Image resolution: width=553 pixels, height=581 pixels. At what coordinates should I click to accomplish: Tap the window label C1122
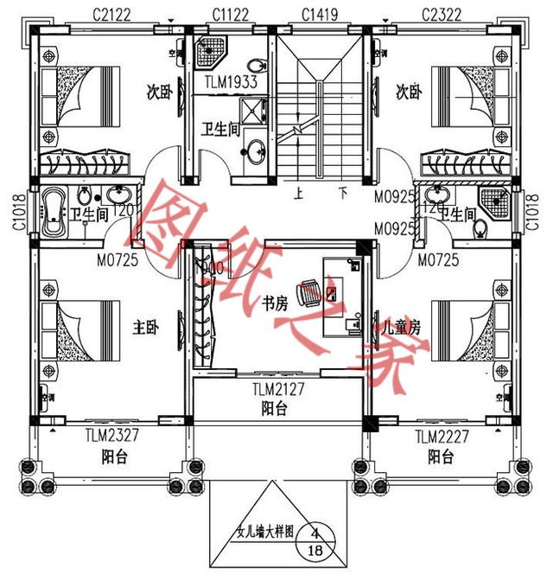coord(231,13)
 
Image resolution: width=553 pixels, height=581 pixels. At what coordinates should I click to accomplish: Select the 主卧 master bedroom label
coord(144,328)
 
